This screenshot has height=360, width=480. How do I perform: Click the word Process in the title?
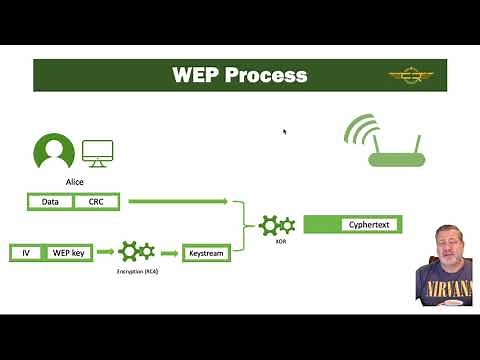[x=265, y=75]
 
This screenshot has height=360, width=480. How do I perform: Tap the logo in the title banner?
[x=411, y=75]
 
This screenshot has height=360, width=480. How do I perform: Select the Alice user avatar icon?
[x=54, y=154]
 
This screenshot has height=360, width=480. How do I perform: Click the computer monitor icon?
[x=97, y=154]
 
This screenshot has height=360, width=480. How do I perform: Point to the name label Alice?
[x=74, y=182]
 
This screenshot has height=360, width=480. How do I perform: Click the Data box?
[x=50, y=202]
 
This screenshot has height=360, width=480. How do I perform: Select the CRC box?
[x=96, y=202]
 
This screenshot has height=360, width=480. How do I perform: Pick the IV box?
[x=26, y=253]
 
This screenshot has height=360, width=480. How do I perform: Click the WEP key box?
[x=69, y=253]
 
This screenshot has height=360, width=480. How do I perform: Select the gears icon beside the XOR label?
[x=277, y=225]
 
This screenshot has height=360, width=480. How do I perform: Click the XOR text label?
[x=267, y=241]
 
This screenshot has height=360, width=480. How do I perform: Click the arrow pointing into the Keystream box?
[x=169, y=253]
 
